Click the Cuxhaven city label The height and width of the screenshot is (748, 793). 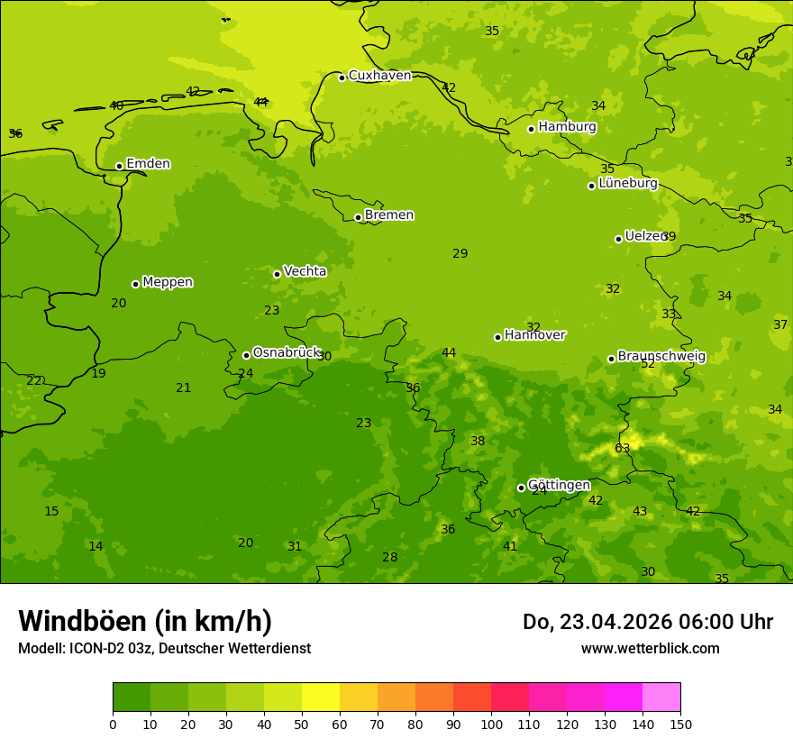(x=379, y=76)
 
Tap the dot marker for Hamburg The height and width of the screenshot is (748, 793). (x=532, y=129)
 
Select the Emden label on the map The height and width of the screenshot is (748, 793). (x=148, y=164)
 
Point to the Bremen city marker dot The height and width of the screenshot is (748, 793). (x=358, y=217)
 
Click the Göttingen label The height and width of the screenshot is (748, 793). (x=559, y=486)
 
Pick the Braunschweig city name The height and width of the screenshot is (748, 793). (x=661, y=357)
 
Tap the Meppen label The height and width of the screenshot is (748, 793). (x=168, y=282)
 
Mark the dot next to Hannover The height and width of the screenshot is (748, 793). (x=497, y=337)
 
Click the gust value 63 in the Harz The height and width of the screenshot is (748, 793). (x=622, y=449)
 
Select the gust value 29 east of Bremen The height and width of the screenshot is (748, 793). (x=460, y=254)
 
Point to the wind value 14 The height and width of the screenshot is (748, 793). (x=96, y=546)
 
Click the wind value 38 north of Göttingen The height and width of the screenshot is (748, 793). (x=478, y=442)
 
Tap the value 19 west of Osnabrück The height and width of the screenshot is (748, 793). (x=98, y=373)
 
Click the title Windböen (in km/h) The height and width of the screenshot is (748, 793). (x=145, y=621)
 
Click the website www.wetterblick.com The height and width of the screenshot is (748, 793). (x=650, y=649)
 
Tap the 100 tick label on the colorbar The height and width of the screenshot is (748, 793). (x=491, y=724)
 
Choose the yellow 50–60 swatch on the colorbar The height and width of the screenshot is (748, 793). (x=321, y=698)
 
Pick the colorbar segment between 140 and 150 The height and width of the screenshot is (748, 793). (x=661, y=698)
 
